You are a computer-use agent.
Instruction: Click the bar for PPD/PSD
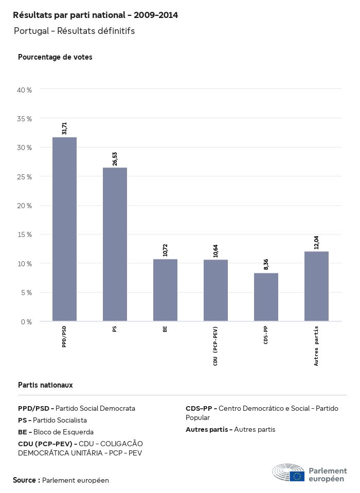pos(64,229)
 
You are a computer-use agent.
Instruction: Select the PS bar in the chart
pos(115,244)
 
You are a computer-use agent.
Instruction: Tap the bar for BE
pos(165,290)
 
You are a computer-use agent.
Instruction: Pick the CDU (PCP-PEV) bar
pos(215,290)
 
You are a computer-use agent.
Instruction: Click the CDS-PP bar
pos(266,297)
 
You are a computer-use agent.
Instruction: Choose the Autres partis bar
pos(316,286)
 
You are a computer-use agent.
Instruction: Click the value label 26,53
pos(115,159)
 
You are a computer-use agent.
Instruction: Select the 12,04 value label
pos(316,243)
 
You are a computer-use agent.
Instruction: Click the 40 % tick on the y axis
pos(25,90)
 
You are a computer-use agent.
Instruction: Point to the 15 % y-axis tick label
pos(25,234)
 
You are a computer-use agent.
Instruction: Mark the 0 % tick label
pos(26,322)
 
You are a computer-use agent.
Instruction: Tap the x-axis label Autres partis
pos(316,346)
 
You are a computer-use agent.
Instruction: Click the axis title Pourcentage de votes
pos(55,57)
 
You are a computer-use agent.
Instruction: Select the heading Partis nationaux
pos(45,385)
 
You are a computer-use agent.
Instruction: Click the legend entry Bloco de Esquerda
pos(56,432)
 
